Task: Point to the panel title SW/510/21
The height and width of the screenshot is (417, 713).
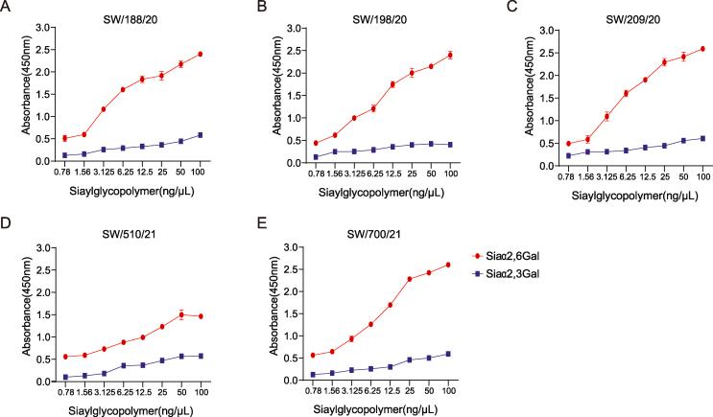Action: click(x=131, y=236)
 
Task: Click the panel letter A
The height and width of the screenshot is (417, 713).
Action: click(x=8, y=9)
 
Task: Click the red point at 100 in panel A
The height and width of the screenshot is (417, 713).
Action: click(x=200, y=55)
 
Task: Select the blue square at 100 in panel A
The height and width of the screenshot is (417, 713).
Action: click(x=200, y=135)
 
